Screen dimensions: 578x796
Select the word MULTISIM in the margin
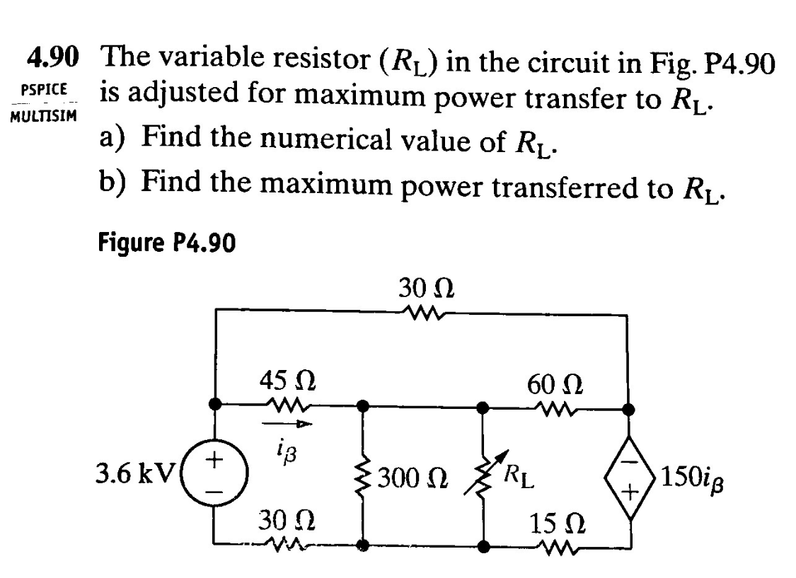43,115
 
